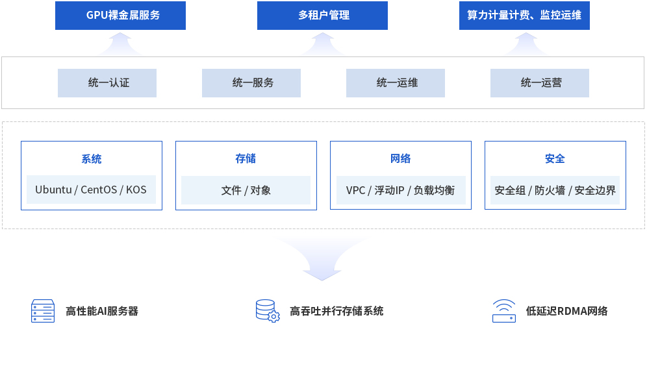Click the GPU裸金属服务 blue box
tap(120, 16)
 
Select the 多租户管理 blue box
tap(322, 16)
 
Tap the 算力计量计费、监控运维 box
tap(524, 16)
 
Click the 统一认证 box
tap(107, 83)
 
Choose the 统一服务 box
tap(251, 83)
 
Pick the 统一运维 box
tap(396, 83)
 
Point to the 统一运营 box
tap(540, 83)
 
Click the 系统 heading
tap(91, 159)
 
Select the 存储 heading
tap(246, 158)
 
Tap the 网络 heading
tap(400, 158)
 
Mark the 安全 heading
tap(555, 158)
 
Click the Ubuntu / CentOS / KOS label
tap(91, 190)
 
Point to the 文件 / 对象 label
tap(246, 190)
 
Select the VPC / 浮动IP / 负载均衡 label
tap(400, 190)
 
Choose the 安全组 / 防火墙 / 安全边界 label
tap(555, 190)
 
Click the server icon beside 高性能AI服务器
tap(43, 311)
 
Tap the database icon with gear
tap(268, 311)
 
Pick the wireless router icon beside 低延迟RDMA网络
tap(504, 311)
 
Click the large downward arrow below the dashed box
tap(322, 258)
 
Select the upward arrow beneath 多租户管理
tap(323, 45)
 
